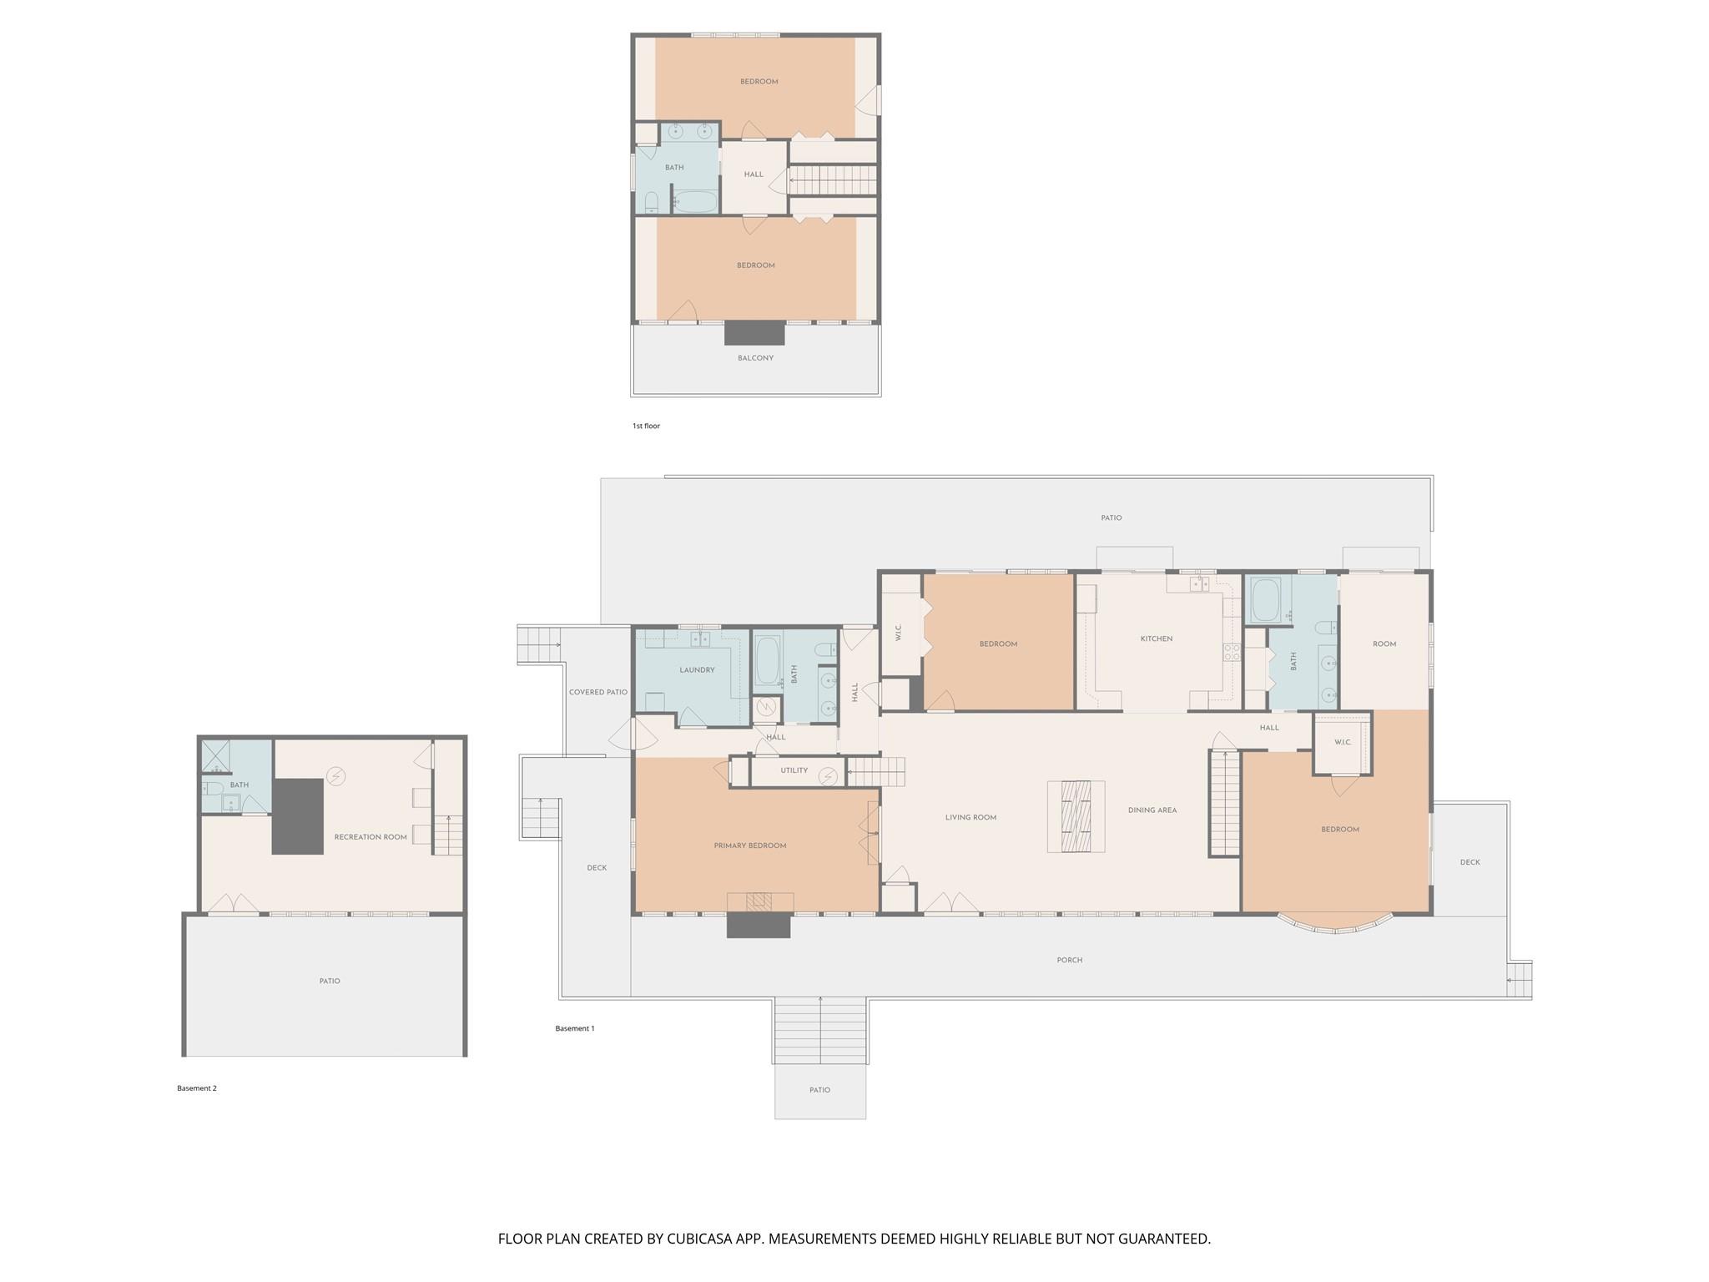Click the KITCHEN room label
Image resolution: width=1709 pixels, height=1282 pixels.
[1156, 638]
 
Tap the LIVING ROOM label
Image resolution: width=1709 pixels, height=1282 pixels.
[970, 817]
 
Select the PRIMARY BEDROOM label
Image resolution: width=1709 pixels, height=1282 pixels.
[749, 845]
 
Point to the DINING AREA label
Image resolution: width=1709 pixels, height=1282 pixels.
[1152, 810]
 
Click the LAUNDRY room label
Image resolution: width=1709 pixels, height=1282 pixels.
[697, 669]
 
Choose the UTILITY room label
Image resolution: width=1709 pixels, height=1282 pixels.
[794, 770]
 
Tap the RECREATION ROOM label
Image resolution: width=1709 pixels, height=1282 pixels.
[371, 836]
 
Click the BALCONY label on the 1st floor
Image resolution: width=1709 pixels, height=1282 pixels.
[755, 358]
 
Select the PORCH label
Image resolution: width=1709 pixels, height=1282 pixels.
[1069, 960]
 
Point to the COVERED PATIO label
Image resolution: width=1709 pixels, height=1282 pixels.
[597, 692]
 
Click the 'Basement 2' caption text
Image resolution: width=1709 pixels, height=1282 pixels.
[196, 1088]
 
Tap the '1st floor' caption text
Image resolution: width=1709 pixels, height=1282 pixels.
[646, 426]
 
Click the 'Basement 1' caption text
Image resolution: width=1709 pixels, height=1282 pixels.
[575, 1028]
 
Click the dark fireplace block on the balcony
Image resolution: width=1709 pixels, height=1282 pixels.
[754, 333]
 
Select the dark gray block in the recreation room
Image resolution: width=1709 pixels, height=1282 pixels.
[298, 816]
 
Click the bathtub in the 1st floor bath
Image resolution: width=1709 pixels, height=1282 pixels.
[694, 202]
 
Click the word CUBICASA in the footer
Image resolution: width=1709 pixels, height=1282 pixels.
[698, 1239]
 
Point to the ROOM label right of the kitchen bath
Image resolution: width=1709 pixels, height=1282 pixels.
[1384, 644]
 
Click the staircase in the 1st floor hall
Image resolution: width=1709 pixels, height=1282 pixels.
[834, 179]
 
